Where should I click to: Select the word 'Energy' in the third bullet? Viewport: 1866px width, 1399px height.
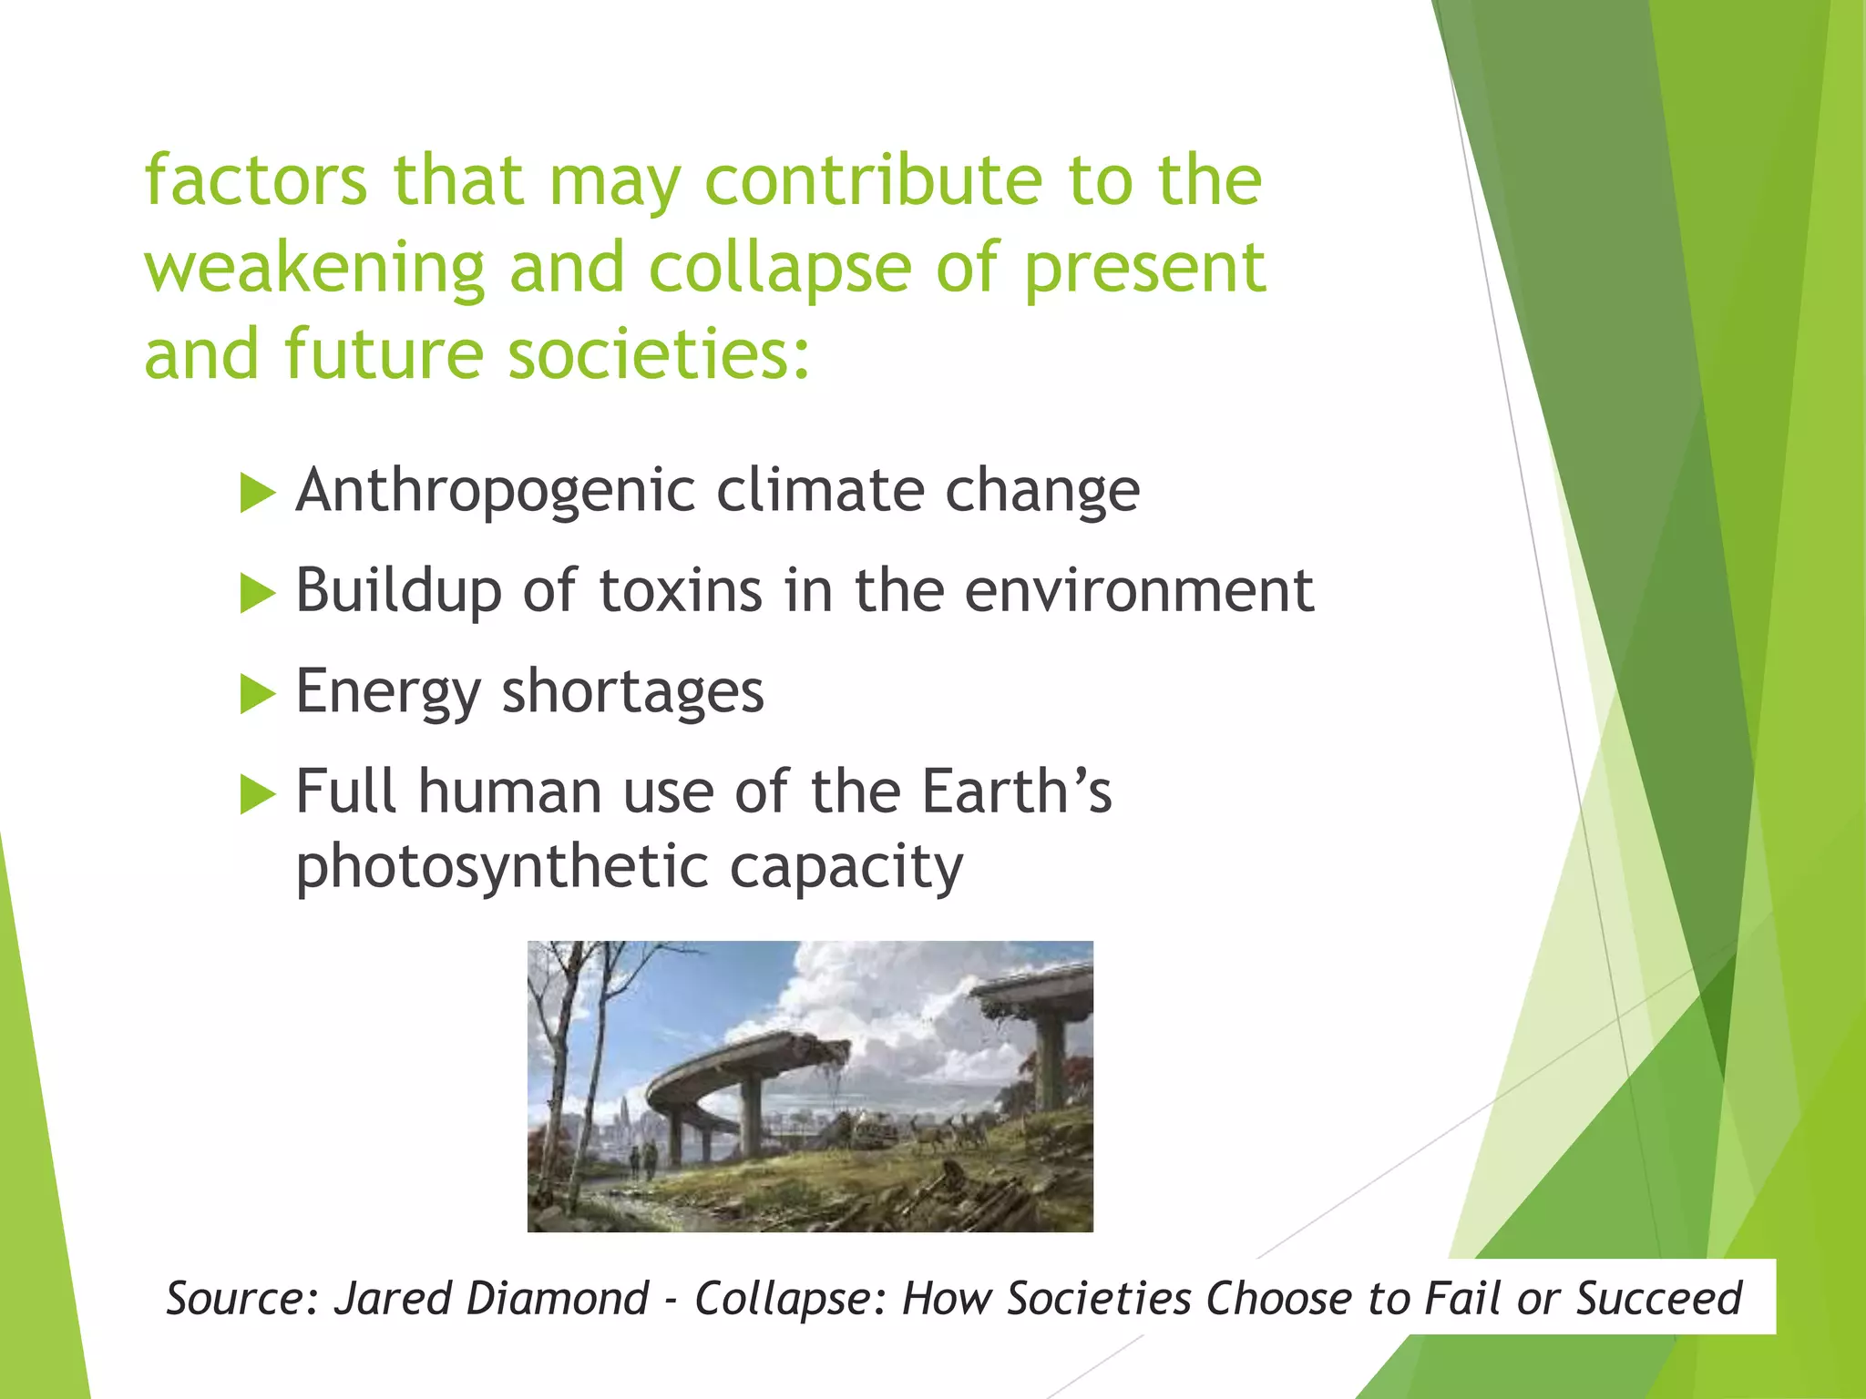[387, 692]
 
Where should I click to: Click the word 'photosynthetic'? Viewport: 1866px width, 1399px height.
[501, 867]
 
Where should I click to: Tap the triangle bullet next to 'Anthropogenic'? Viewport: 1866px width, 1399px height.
[257, 494]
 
